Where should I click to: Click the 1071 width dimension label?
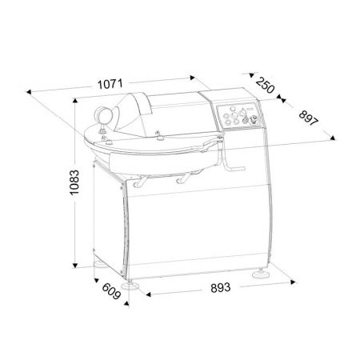(x=110, y=84)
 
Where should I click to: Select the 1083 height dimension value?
(x=74, y=182)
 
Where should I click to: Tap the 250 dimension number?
(x=265, y=85)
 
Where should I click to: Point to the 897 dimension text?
(x=309, y=118)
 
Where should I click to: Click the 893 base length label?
(x=220, y=288)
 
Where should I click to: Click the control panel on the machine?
(x=239, y=117)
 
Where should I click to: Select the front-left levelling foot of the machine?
(x=130, y=286)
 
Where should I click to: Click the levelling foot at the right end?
(x=260, y=274)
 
